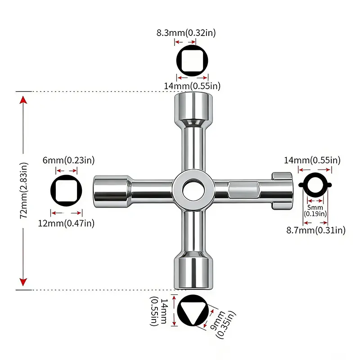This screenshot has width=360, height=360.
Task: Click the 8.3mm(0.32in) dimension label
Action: pos(186,33)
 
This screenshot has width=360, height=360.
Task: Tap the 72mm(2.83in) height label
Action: pos(24,190)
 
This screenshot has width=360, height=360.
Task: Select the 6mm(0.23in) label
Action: pos(69,160)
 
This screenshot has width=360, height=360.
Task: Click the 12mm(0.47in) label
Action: pos(66,223)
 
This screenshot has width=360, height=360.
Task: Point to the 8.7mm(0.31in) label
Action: pos(316,230)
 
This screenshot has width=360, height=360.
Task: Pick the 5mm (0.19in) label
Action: pos(315,211)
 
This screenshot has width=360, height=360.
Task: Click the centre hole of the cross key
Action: pos(193,190)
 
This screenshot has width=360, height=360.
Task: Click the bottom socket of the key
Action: pos(193,270)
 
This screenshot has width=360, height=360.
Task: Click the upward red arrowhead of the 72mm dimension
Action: pos(23,100)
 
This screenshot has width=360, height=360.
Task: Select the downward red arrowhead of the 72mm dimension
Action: pos(23,282)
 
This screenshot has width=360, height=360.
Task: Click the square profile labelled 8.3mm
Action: pos(192,61)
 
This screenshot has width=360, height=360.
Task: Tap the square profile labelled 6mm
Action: pos(66,190)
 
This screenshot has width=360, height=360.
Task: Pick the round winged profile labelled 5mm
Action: pos(315,185)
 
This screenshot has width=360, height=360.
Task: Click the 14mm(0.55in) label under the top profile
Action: pos(192,86)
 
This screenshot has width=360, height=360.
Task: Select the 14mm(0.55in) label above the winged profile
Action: pos(312,160)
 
